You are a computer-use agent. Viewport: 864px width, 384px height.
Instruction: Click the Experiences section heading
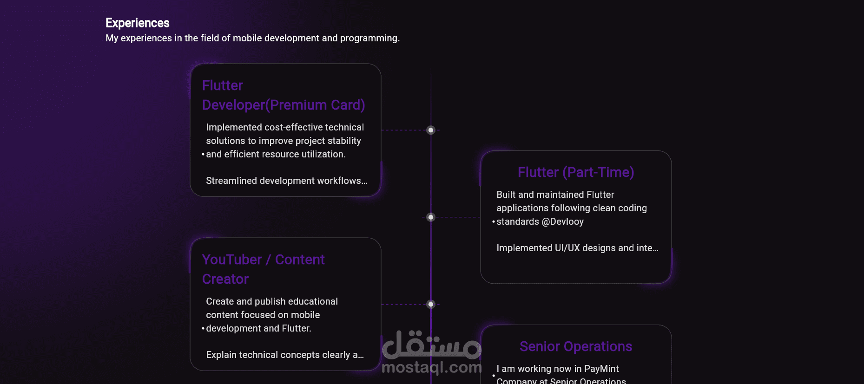(x=137, y=23)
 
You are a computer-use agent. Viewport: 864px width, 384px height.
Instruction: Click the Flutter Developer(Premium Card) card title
(x=283, y=96)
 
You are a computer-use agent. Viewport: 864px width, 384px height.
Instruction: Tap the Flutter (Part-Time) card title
(x=575, y=172)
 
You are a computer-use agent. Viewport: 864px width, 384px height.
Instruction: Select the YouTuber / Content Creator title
(x=263, y=269)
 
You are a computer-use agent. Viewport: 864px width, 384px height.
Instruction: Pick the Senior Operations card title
(x=575, y=346)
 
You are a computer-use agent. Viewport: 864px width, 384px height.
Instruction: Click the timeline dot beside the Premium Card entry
(x=431, y=130)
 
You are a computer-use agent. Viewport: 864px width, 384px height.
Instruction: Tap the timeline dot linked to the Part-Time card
(x=431, y=217)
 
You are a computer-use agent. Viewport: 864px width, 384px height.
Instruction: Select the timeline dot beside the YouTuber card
(x=431, y=304)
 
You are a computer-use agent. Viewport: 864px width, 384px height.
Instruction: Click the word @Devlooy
(x=562, y=221)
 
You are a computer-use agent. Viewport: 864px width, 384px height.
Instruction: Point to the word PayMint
(x=601, y=369)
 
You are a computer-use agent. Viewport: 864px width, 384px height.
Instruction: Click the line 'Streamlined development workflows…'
(x=286, y=181)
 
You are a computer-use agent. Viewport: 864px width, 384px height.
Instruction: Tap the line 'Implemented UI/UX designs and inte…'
(x=577, y=248)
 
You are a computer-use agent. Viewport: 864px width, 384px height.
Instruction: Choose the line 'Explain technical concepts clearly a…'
(x=284, y=355)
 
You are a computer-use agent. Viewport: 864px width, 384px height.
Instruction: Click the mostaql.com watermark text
(x=431, y=367)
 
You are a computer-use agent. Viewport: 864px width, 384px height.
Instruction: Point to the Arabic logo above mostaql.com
(x=431, y=345)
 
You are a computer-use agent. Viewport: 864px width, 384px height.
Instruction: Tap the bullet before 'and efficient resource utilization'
(x=203, y=155)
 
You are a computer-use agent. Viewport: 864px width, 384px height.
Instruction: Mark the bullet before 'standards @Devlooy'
(x=494, y=222)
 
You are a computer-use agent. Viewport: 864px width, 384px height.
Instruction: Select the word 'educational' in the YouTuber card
(x=316, y=301)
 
